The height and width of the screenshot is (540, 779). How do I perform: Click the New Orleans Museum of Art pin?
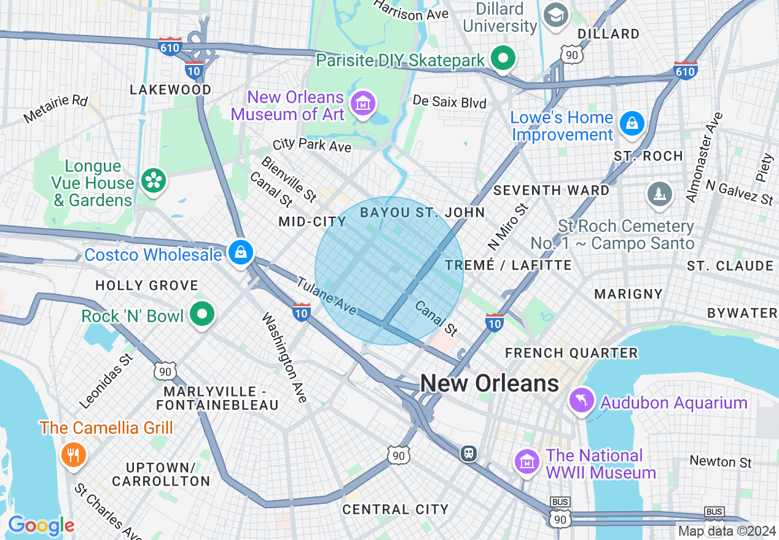click(x=362, y=104)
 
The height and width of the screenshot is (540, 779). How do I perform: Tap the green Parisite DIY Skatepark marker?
click(x=503, y=59)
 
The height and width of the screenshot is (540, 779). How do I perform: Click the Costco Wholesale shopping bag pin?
click(x=241, y=252)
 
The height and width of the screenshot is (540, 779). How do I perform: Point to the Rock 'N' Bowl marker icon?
click(x=202, y=314)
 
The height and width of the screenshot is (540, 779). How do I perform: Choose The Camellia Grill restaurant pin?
click(x=72, y=455)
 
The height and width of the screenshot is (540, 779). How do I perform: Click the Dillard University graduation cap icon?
click(x=557, y=15)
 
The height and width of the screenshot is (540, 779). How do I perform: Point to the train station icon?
click(x=469, y=453)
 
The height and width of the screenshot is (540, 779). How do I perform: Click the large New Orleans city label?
click(x=489, y=384)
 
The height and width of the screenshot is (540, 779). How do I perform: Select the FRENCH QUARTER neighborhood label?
click(x=571, y=353)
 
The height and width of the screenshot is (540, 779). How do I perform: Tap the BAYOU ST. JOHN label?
click(x=422, y=212)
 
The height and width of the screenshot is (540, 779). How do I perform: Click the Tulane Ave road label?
click(x=327, y=296)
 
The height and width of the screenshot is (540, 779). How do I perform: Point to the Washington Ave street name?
click(x=284, y=358)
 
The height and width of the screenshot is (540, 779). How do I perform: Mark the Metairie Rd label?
click(x=56, y=107)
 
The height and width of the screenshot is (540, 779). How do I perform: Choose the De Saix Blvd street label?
click(x=449, y=101)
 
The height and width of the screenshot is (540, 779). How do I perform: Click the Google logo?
click(x=41, y=525)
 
